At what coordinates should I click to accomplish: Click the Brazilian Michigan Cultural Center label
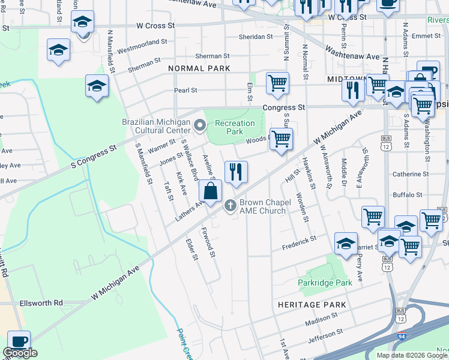coord(156,125)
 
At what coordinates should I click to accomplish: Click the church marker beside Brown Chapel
coord(229,206)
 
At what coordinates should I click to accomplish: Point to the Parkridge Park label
coord(325,282)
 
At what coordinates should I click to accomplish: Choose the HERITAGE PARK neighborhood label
coord(312,305)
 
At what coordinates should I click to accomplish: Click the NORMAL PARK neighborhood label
coord(199,68)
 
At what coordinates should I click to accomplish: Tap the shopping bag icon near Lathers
coord(210,192)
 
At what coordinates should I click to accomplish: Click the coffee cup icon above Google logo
coord(18,340)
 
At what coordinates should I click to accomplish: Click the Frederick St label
coord(300,240)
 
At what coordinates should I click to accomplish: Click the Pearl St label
coord(185,91)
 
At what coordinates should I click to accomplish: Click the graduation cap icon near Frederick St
coord(346,244)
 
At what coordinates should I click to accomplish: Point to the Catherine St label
coord(410,174)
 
